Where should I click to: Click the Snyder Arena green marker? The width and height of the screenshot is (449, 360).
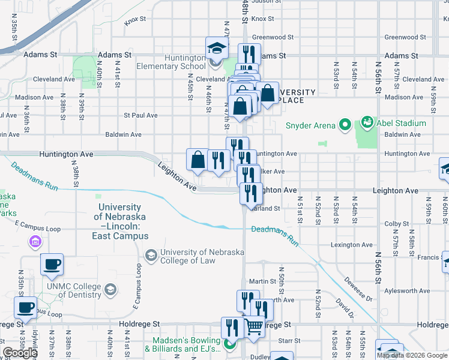[x=345, y=125]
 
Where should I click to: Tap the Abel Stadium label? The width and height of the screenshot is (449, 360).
[x=401, y=123]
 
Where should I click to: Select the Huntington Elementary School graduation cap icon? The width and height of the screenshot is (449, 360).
[x=217, y=48]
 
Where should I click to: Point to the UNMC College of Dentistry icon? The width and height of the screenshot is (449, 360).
[x=110, y=290]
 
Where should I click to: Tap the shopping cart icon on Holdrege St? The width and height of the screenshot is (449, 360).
[x=255, y=328]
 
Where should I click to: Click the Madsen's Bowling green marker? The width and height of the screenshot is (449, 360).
[x=229, y=344]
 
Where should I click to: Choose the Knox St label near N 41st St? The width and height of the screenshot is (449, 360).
[x=135, y=20]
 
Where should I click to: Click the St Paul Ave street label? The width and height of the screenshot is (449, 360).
[x=140, y=115]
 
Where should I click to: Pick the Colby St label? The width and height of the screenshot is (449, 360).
[x=396, y=224]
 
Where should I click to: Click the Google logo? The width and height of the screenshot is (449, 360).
[x=20, y=353]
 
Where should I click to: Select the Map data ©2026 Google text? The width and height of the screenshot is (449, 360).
[x=412, y=355]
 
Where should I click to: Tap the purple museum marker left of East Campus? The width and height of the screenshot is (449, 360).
[x=35, y=242]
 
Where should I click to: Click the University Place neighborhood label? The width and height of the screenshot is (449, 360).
[x=295, y=96]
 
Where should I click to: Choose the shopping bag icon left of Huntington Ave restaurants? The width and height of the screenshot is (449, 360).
[x=198, y=160]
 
